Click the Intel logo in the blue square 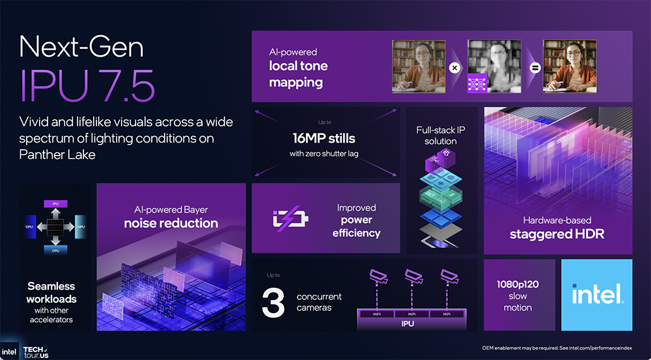click(x=597, y=295)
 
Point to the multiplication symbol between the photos click(x=455, y=68)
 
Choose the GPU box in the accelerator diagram click(x=30, y=227)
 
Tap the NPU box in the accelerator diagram click(x=80, y=227)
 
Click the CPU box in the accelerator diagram click(x=55, y=250)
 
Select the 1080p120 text click(x=518, y=284)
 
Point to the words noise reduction click(x=171, y=223)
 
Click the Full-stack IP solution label click(x=440, y=135)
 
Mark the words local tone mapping click(x=298, y=74)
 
